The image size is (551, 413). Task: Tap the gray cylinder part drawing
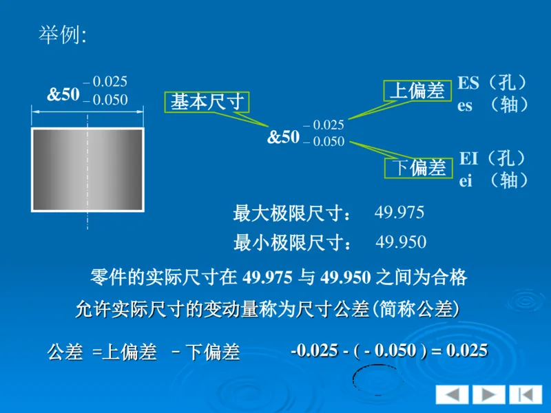click(87, 169)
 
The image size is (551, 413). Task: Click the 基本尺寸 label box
click(207, 103)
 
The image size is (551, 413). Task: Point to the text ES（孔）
click(493, 83)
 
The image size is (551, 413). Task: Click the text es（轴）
click(493, 105)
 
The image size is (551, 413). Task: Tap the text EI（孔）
click(493, 158)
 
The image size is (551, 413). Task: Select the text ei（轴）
click(493, 180)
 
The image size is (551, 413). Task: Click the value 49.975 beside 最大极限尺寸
click(399, 212)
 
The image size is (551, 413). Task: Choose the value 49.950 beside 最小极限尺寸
click(401, 242)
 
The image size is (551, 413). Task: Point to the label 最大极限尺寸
click(292, 213)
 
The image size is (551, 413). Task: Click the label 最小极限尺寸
click(292, 243)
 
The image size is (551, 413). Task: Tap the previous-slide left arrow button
click(452, 394)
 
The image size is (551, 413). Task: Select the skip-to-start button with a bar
click(526, 394)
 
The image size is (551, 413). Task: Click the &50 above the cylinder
click(63, 95)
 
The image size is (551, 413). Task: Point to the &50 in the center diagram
click(283, 137)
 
